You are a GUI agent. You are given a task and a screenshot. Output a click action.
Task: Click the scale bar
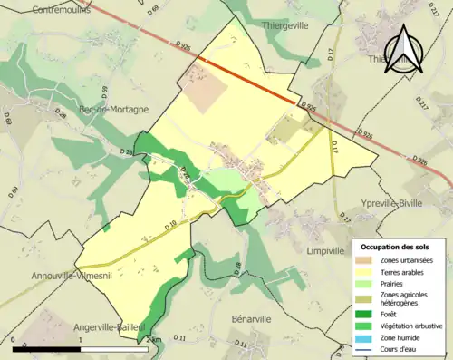tap(81, 349)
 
